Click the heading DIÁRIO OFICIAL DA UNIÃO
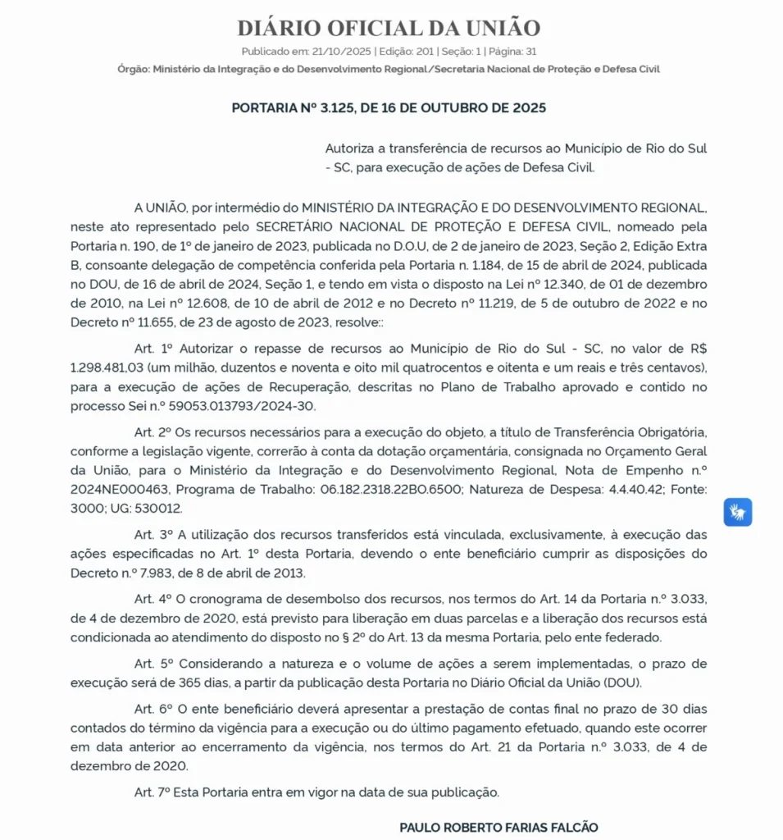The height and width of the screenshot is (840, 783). tap(389, 28)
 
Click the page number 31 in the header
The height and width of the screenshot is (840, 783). tap(531, 51)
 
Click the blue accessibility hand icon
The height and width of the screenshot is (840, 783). tap(737, 512)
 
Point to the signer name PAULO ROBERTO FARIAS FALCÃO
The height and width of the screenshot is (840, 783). tap(498, 827)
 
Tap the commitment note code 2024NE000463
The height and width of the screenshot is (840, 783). tap(121, 490)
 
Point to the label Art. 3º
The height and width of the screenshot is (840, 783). tap(154, 535)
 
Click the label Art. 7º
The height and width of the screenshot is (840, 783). tap(154, 792)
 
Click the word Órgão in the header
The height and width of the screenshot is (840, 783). tap(133, 69)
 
